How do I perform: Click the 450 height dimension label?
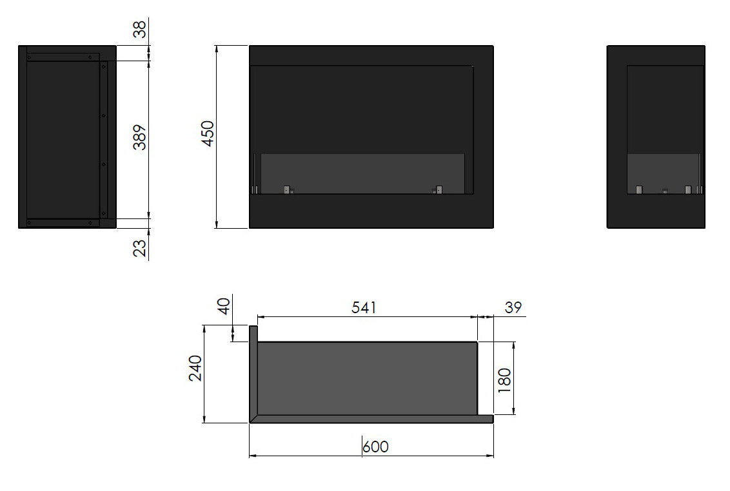[208, 133]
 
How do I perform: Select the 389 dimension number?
[140, 137]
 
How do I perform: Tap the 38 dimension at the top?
[140, 28]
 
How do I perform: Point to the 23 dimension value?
[140, 247]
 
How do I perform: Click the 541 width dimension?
[364, 308]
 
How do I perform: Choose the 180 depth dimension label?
[504, 380]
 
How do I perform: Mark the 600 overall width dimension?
[375, 447]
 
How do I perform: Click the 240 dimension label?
[195, 368]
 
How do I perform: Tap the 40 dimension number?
[224, 305]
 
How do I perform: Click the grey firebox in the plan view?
[368, 378]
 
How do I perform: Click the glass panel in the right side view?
[663, 173]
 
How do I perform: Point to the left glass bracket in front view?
[286, 189]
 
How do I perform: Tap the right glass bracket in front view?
[439, 189]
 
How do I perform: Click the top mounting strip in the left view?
[63, 57]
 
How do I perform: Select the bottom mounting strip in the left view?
[63, 223]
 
